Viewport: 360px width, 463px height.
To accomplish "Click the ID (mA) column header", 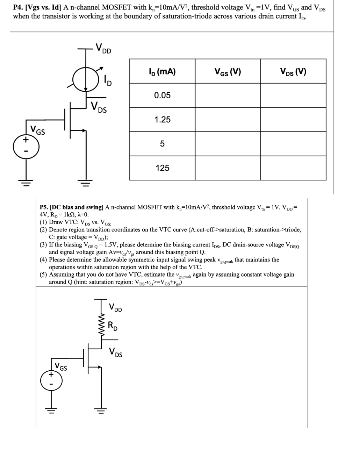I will click(x=162, y=72).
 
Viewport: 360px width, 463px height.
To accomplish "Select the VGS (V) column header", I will click(x=228, y=72).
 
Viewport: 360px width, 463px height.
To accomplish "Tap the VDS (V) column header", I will click(x=293, y=72).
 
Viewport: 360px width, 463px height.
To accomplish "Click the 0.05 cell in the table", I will click(x=162, y=95).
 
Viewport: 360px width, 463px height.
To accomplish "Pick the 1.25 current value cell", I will click(x=162, y=120).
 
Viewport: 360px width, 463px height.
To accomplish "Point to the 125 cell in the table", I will click(x=162, y=168).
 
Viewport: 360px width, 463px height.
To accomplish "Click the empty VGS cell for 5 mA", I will click(x=228, y=144).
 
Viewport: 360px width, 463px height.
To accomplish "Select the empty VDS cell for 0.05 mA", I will click(x=293, y=95).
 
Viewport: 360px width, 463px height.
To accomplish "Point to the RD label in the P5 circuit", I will click(x=113, y=326).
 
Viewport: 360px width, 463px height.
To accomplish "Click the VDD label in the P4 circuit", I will click(x=103, y=48).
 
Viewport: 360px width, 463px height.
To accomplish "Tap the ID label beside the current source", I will click(x=107, y=81).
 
